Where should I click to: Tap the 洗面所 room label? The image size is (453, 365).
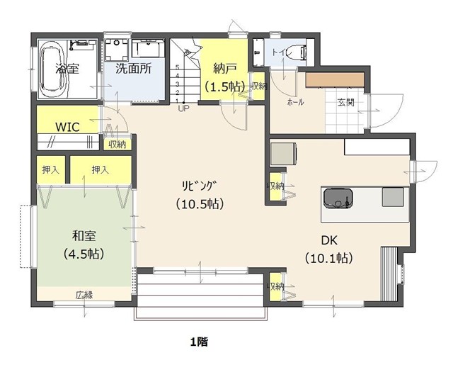coord(134,69)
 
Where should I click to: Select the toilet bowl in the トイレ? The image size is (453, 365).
coord(298,52)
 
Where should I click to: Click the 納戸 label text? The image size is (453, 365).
coord(225,68)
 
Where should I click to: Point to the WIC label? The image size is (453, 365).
coord(67,127)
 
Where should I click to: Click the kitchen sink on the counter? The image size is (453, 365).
coord(338,198)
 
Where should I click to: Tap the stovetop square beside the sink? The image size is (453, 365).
coord(393,197)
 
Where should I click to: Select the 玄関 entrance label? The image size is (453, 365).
coord(346,102)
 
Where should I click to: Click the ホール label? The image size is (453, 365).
coord(295,102)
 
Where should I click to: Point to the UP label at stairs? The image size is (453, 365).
coord(184,108)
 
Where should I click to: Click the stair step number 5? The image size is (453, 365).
coord(178,67)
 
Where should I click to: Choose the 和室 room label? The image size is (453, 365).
coord(84,236)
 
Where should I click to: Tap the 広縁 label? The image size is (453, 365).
coord(84,296)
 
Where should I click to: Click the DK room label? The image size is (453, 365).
coord(329,240)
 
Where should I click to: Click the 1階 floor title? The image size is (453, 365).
coord(199,342)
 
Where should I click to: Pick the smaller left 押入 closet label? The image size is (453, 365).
coord(51,170)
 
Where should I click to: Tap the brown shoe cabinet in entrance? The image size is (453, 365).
coord(335,79)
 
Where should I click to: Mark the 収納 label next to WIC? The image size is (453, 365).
coord(117,145)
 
